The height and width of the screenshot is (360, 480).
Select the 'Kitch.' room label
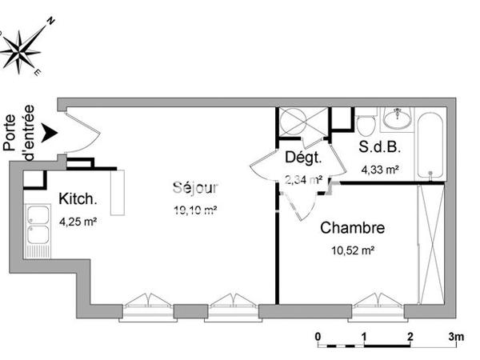tap(78, 199)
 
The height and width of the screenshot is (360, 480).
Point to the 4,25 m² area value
tap(78, 222)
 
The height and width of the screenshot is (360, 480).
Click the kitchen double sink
tap(38, 231)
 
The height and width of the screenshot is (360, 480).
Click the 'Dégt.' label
tap(302, 157)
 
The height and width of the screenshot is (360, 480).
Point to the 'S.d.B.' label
tap(379, 148)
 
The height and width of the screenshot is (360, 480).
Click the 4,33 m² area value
tap(380, 170)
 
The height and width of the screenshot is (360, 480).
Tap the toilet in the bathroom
tap(366, 125)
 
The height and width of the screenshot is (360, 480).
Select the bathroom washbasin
tap(396, 119)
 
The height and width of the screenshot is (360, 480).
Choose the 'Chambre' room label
tap(352, 228)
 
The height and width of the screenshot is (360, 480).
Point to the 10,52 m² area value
tap(352, 250)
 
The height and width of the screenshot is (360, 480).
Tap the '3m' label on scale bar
tap(455, 336)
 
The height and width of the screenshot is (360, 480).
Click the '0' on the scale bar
tap(318, 336)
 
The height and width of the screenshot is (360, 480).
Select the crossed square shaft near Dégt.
tap(302, 124)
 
